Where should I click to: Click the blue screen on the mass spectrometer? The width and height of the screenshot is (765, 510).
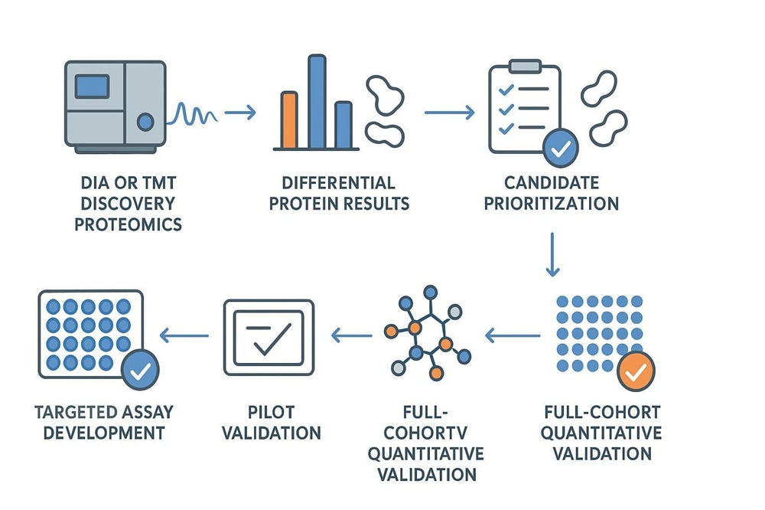[x=92, y=87]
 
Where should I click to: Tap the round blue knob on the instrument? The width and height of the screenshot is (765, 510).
[x=145, y=122]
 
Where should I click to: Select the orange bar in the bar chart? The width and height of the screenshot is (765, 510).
[x=289, y=119]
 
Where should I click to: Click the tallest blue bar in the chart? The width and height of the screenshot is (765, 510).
[x=317, y=102]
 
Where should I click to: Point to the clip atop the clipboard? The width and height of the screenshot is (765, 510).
[x=525, y=66]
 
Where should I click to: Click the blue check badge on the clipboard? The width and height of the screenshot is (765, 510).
[x=561, y=148]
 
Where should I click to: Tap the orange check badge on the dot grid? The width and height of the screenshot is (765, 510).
[x=636, y=371]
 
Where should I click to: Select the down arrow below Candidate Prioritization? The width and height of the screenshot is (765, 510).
[x=552, y=254]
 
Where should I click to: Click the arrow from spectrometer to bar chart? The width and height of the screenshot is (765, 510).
[x=240, y=113]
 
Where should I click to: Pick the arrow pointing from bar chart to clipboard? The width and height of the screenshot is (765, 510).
[x=449, y=113]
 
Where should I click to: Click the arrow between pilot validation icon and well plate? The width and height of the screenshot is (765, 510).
[x=184, y=335]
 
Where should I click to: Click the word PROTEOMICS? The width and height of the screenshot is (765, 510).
[x=128, y=224]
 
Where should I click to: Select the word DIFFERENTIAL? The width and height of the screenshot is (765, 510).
[x=339, y=183]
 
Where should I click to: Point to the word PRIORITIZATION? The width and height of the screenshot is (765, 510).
[x=552, y=204]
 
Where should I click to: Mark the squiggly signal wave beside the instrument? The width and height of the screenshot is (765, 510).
[x=192, y=114]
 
